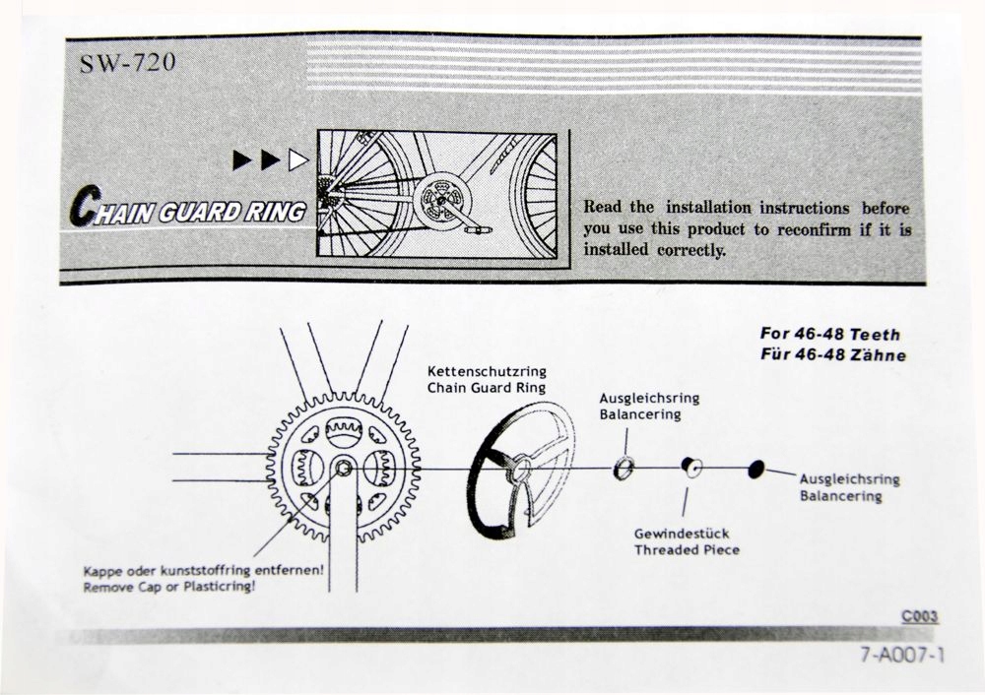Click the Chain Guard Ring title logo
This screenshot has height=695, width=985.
[187, 210]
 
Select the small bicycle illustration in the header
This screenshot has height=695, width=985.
[436, 194]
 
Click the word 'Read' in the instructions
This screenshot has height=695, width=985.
[604, 208]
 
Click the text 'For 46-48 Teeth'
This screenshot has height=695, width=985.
[829, 334]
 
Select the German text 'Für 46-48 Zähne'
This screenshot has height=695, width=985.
[832, 354]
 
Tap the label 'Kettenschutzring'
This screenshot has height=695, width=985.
[487, 371]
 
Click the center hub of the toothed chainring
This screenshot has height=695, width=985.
[342, 469]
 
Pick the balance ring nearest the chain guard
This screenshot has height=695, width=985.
[623, 469]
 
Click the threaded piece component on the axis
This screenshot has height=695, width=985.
[692, 468]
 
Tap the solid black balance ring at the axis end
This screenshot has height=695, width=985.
[755, 469]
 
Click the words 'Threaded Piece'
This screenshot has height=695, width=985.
[687, 550]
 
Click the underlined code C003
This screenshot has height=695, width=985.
[919, 616]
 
